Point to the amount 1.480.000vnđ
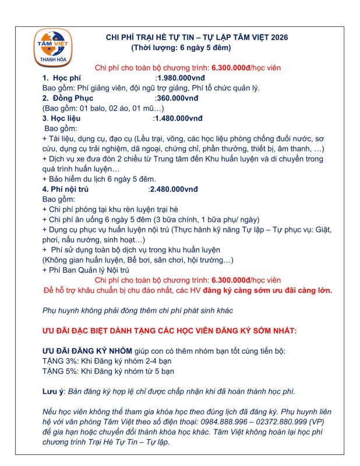(x=178, y=118)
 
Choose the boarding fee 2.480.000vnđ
(x=174, y=189)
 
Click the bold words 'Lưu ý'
(x=52, y=391)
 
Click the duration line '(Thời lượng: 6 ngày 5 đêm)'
(x=181, y=47)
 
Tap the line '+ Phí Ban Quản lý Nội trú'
(x=86, y=270)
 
